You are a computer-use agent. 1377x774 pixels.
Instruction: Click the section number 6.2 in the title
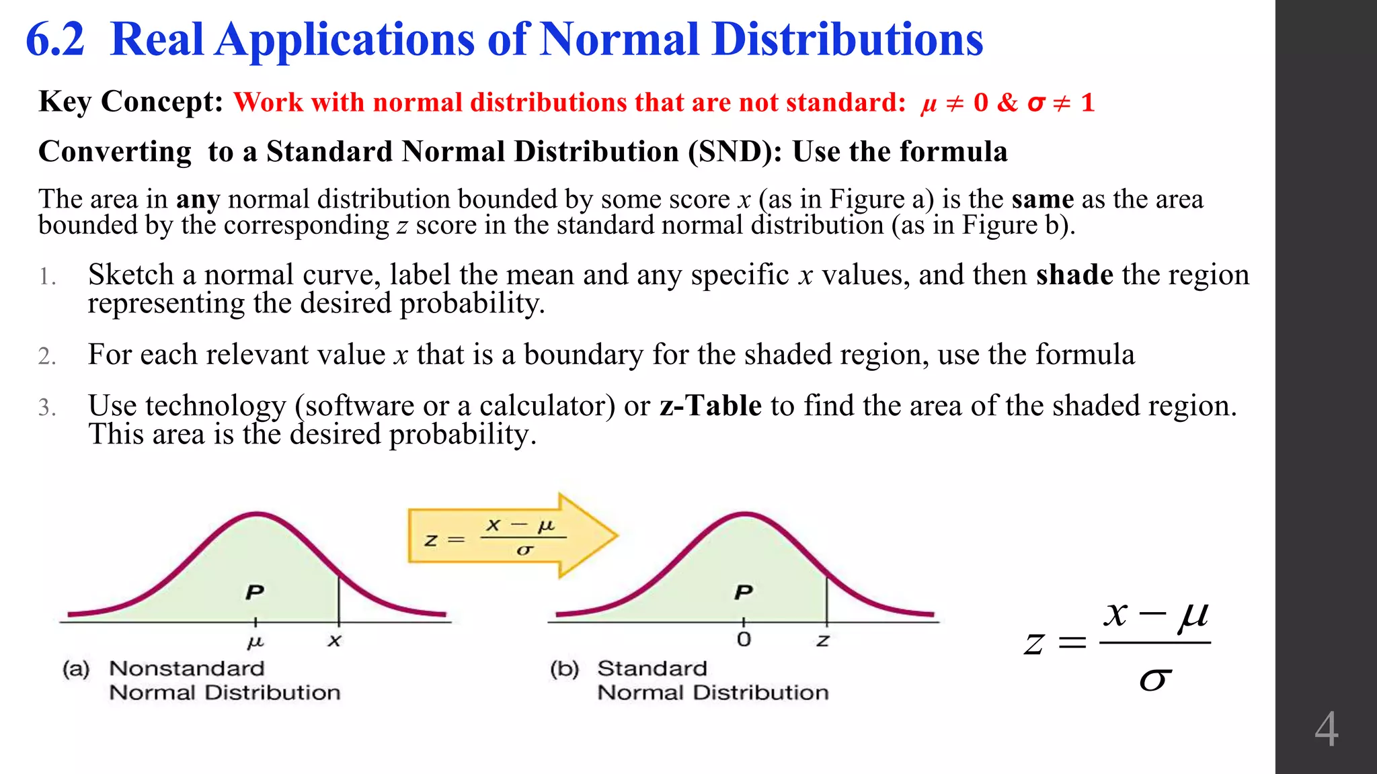pos(55,40)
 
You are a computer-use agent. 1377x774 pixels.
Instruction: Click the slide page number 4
pos(1326,730)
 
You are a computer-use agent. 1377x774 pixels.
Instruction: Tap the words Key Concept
pos(130,102)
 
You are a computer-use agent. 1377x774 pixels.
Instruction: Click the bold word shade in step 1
pos(1074,275)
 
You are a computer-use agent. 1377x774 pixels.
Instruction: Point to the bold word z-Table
pos(711,406)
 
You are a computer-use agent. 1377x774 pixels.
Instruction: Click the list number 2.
pos(47,356)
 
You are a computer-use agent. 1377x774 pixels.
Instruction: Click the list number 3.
pos(47,408)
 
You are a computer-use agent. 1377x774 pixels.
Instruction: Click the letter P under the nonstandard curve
pos(255,592)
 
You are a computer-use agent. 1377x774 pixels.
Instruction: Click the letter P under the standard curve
pos(743,592)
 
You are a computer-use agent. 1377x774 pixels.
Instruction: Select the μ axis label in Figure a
pos(255,642)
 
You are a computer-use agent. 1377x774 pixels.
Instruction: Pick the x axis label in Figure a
pos(334,641)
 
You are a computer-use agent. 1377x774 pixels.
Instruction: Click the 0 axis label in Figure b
pos(743,639)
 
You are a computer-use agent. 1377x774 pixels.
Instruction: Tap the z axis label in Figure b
pos(823,641)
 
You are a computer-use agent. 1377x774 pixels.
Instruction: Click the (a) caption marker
pos(76,669)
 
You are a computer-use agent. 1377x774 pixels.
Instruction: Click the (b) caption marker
pos(564,669)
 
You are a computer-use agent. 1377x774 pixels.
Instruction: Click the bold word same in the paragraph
pos(1042,200)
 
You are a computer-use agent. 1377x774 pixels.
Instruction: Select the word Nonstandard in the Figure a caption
pos(187,669)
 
